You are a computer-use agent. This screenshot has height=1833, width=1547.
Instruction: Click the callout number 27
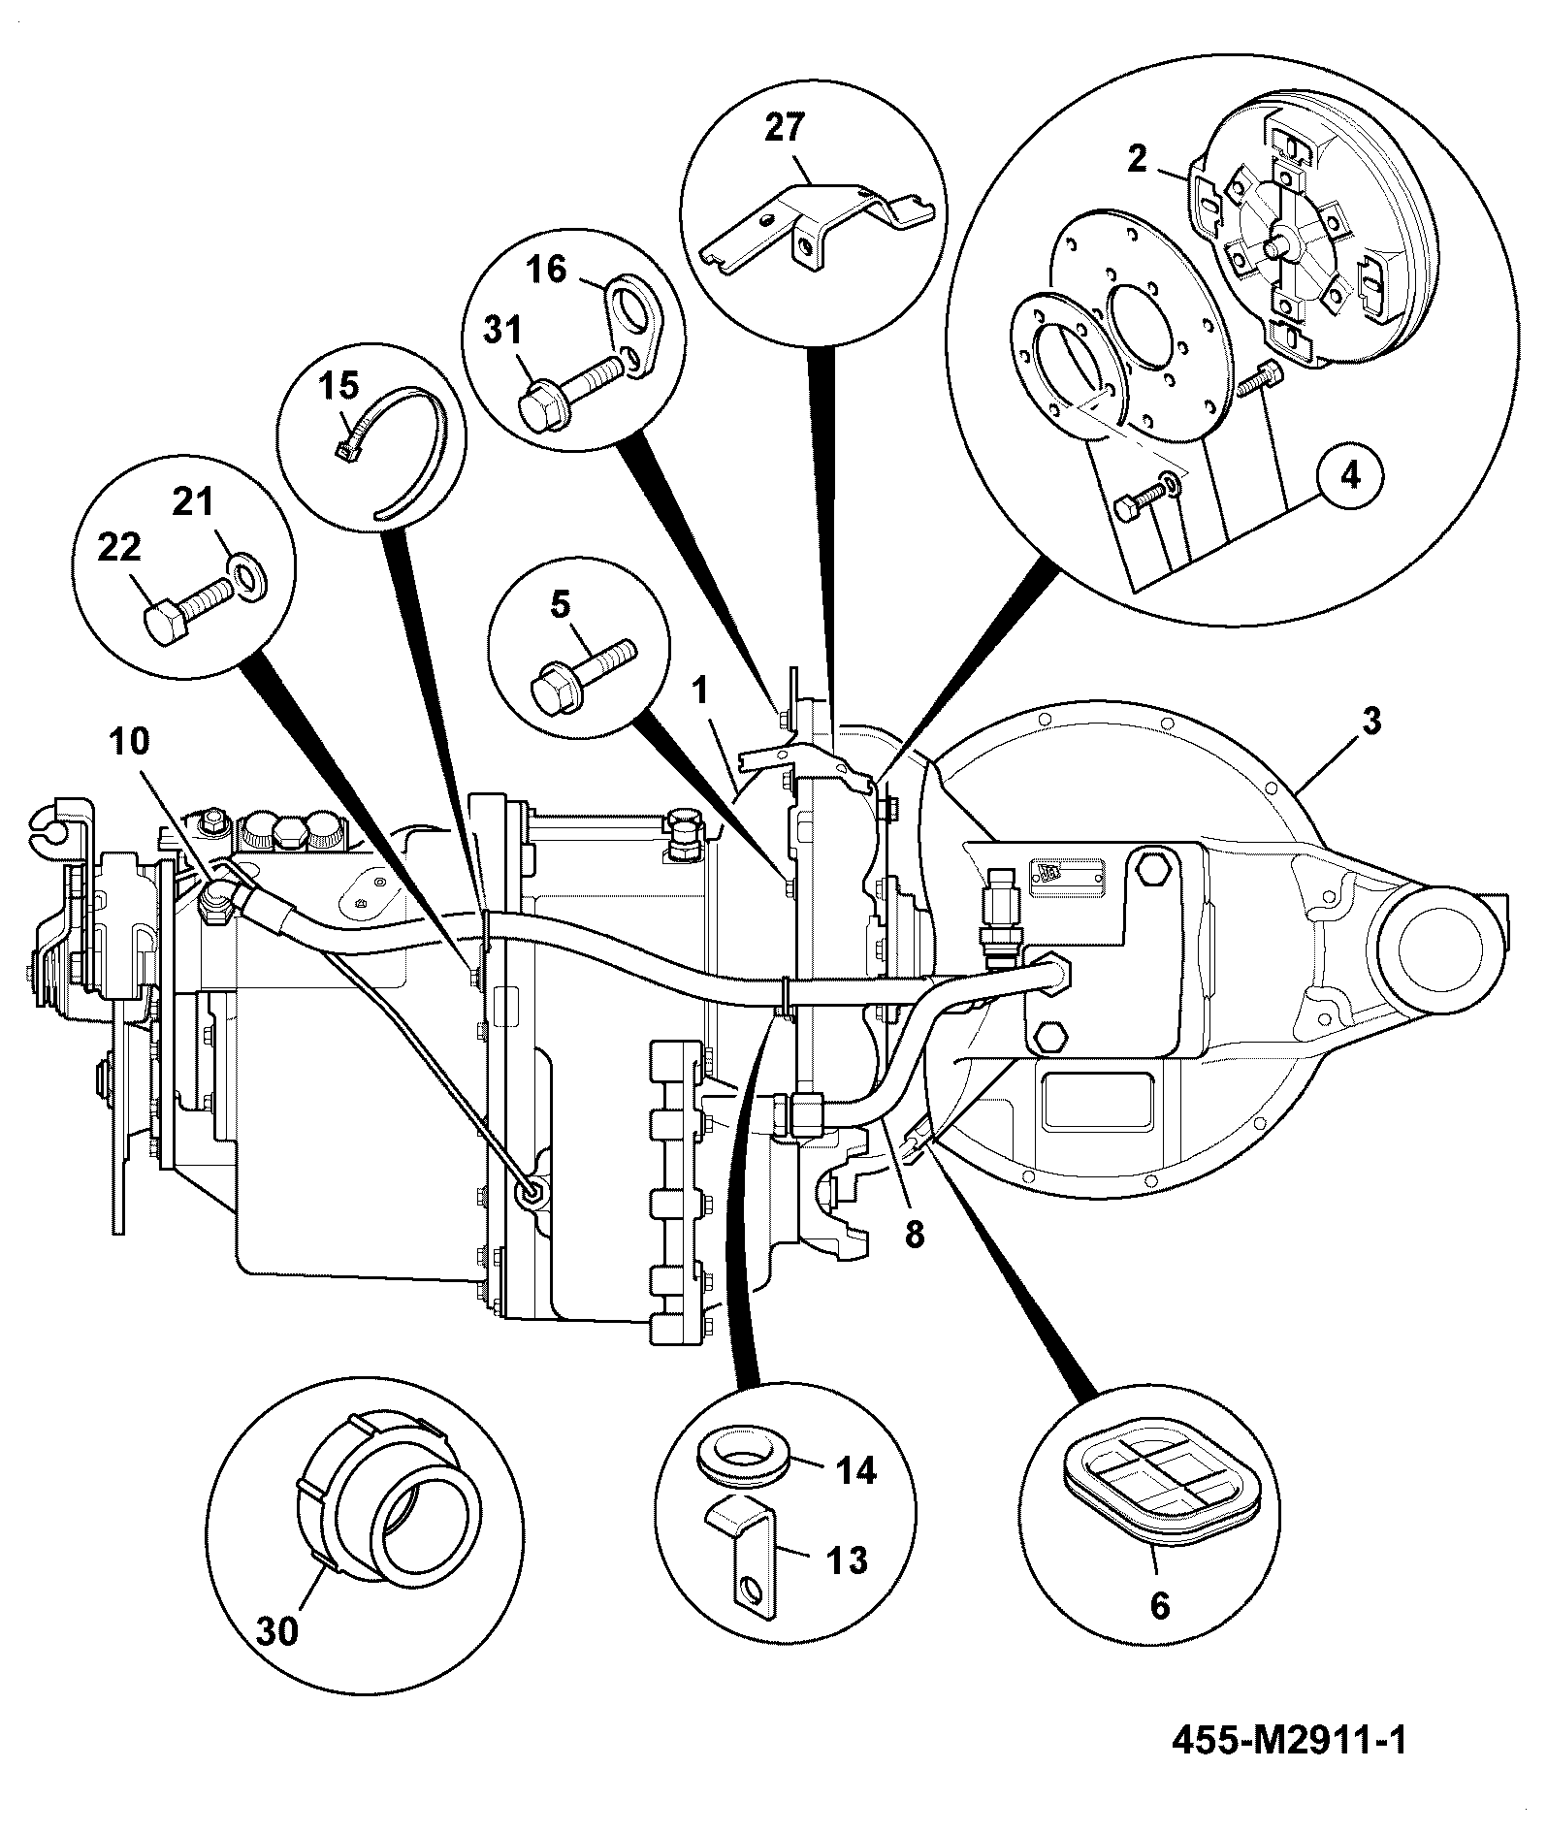(786, 130)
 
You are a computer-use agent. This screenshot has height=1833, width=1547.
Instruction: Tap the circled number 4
(1350, 475)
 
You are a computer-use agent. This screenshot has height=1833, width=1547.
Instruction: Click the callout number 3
(1370, 722)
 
